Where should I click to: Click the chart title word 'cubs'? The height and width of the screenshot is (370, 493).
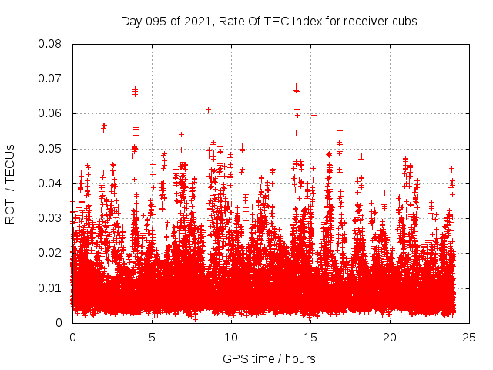point(404,22)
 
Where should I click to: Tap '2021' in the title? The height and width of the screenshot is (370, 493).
point(196,22)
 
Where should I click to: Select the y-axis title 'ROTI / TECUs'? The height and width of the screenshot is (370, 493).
point(11,183)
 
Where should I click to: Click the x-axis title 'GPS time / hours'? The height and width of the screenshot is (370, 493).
point(269,358)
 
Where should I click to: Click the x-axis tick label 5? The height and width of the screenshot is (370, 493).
point(152,337)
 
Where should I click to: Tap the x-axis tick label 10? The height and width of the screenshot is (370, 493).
point(231,337)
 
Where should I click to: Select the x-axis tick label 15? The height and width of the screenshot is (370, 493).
point(310,337)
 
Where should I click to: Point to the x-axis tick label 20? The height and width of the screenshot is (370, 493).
point(390,337)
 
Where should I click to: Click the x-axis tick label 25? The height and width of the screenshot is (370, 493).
point(469,337)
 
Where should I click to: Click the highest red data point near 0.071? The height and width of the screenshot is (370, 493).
point(314,76)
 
